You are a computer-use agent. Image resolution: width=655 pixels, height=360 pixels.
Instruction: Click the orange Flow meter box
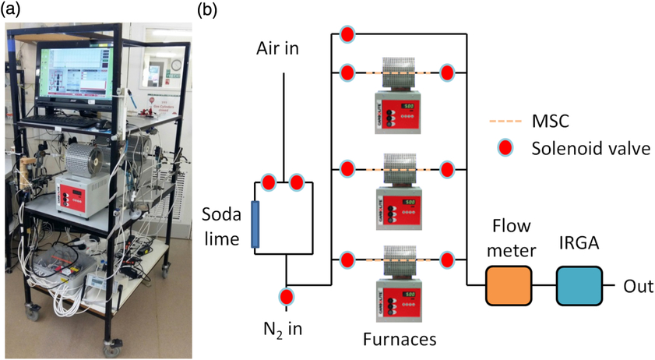click(x=509, y=285)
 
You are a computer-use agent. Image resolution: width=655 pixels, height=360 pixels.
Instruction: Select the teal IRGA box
click(x=579, y=285)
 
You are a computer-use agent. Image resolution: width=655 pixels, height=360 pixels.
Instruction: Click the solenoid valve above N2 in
click(x=287, y=297)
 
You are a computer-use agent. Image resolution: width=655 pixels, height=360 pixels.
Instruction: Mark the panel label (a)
click(x=12, y=10)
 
